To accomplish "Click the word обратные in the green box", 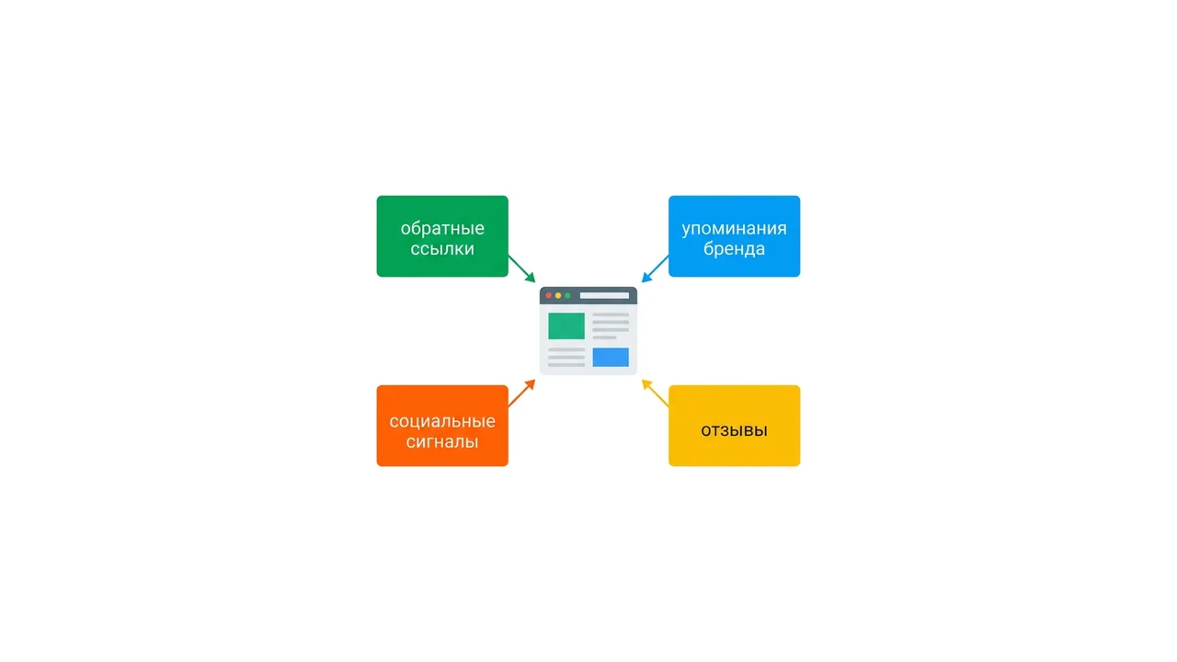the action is pyautogui.click(x=442, y=229).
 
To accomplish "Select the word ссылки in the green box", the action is pyautogui.click(x=442, y=248).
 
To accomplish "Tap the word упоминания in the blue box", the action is pyautogui.click(x=734, y=229).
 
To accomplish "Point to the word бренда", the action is pyautogui.click(x=734, y=248).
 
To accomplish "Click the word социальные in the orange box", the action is pyautogui.click(x=442, y=421).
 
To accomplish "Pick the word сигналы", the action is pyautogui.click(x=442, y=441).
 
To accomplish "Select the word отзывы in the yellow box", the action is pyautogui.click(x=734, y=431).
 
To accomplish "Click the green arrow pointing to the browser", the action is pyautogui.click(x=521, y=269).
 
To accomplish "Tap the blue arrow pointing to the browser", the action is pyautogui.click(x=655, y=269).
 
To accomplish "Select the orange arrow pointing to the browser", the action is pyautogui.click(x=521, y=393).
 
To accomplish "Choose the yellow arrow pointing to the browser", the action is pyautogui.click(x=655, y=393).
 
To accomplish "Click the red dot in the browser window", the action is pyautogui.click(x=549, y=296).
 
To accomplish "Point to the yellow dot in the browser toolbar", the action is pyautogui.click(x=558, y=296).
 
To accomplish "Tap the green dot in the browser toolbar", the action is pyautogui.click(x=567, y=296).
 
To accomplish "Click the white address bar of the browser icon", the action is pyautogui.click(x=604, y=296).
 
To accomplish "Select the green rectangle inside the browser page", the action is pyautogui.click(x=566, y=325).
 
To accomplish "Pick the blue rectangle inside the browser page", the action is pyautogui.click(x=611, y=358).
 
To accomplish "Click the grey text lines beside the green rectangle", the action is pyautogui.click(x=611, y=326).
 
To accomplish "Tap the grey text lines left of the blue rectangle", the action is pyautogui.click(x=566, y=358).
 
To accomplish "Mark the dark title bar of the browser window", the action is pyautogui.click(x=588, y=296).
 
